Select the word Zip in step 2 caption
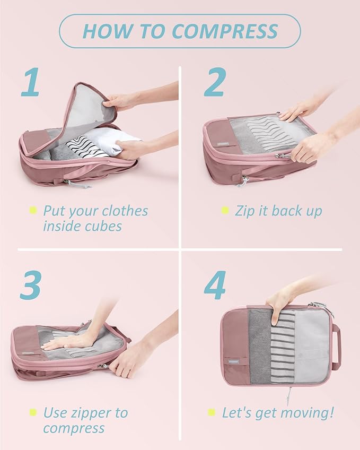tap(245, 211)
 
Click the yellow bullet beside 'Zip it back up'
tap(225, 211)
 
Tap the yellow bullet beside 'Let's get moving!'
tap(212, 412)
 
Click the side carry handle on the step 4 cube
tap(336, 347)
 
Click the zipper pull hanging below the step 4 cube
tap(289, 395)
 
